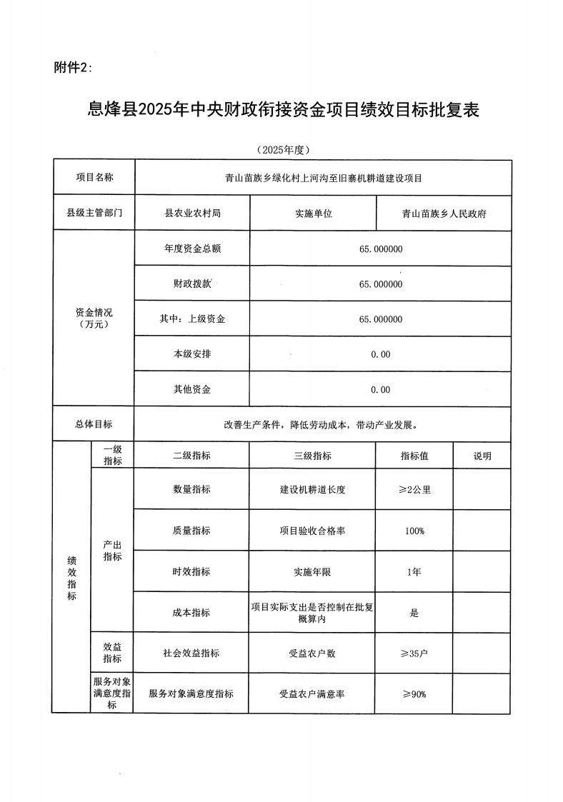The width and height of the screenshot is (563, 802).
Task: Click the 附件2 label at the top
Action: pyautogui.click(x=74, y=67)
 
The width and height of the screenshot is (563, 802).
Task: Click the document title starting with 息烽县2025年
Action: pyautogui.click(x=281, y=110)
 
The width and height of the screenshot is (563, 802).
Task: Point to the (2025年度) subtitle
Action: pyautogui.click(x=282, y=150)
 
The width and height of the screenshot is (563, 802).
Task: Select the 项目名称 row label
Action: pyautogui.click(x=94, y=177)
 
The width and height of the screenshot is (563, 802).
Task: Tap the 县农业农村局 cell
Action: pyautogui.click(x=192, y=214)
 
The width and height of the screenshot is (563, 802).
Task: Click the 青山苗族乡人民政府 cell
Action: pyautogui.click(x=444, y=214)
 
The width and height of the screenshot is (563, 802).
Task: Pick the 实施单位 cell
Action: pyautogui.click(x=313, y=214)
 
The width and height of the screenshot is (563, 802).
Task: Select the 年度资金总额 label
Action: pyautogui.click(x=192, y=249)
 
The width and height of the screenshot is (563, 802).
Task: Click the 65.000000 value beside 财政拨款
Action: pyautogui.click(x=381, y=284)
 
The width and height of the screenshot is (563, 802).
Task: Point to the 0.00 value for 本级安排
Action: pyautogui.click(x=381, y=354)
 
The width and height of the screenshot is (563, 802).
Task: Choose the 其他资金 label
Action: pyautogui.click(x=192, y=389)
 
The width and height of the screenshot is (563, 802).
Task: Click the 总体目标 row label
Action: pyautogui.click(x=94, y=423)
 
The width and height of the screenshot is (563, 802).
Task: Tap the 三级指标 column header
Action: pyautogui.click(x=313, y=456)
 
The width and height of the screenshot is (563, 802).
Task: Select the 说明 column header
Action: pyautogui.click(x=482, y=456)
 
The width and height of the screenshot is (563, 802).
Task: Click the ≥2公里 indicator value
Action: pyautogui.click(x=414, y=490)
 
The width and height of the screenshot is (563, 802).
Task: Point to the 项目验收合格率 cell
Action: pyautogui.click(x=313, y=531)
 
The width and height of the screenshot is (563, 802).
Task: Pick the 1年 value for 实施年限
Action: pyautogui.click(x=414, y=571)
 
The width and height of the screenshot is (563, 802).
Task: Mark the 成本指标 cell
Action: pyautogui.click(x=192, y=612)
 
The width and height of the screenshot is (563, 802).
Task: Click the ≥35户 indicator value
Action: pyautogui.click(x=414, y=653)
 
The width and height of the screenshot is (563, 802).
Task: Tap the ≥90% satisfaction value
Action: pyautogui.click(x=414, y=693)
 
